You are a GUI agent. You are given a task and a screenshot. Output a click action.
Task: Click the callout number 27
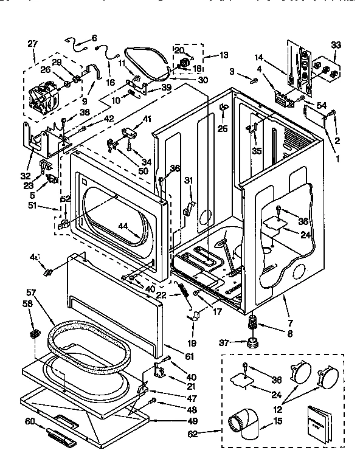click(x=32, y=43)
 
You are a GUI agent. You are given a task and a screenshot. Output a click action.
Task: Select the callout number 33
click(x=335, y=44)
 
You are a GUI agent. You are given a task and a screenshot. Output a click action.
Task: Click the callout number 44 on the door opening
click(x=124, y=226)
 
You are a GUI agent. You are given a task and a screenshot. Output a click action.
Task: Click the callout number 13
click(x=224, y=55)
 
